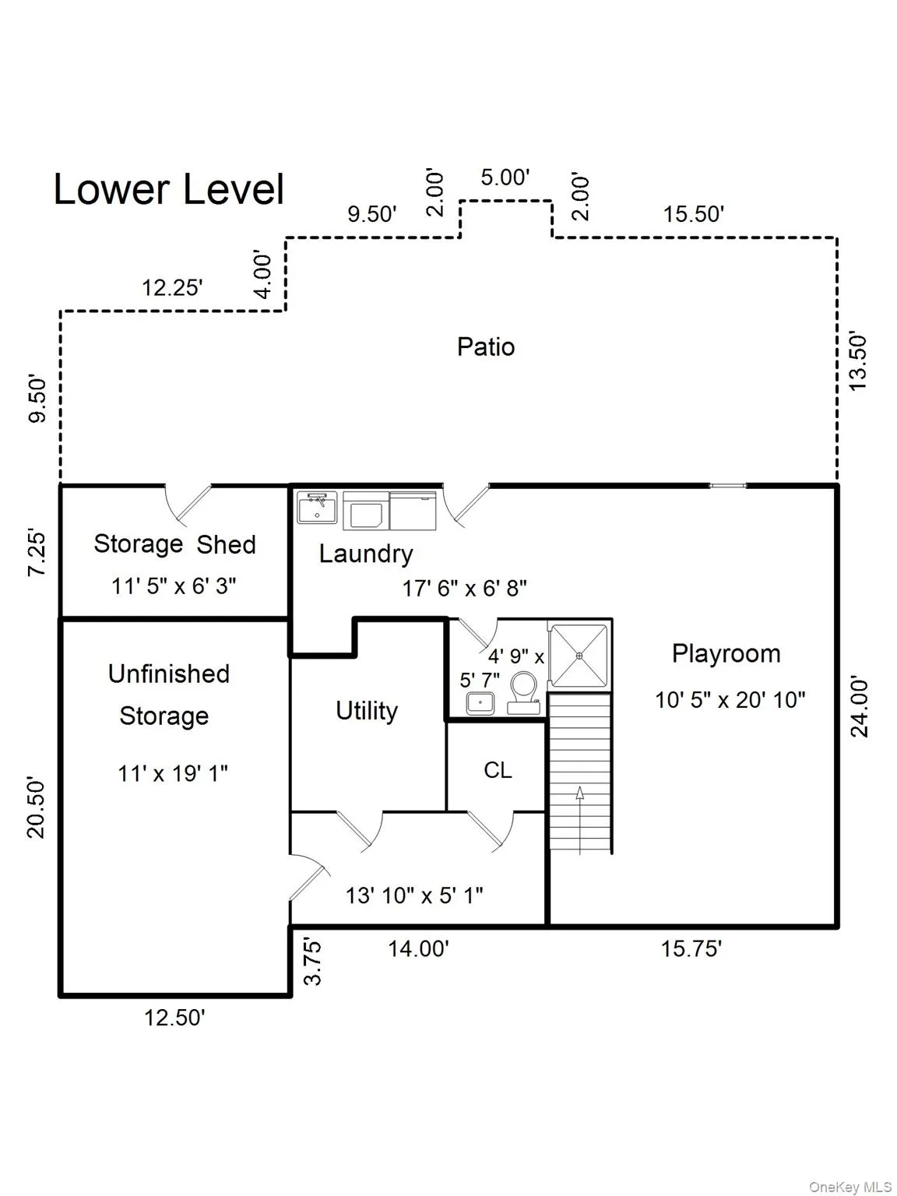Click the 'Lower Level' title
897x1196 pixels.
169,189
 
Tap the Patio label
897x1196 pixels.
486,347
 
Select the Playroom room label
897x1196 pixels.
726,654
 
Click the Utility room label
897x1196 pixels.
367,711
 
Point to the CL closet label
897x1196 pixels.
498,770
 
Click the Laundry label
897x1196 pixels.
365,554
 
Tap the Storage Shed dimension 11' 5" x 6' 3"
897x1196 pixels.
174,586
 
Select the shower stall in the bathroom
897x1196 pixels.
579,656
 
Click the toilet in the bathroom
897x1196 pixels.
524,692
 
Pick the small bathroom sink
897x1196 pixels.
480,703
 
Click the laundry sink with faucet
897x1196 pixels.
317,507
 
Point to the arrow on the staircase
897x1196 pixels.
579,820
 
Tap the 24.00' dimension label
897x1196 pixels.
860,707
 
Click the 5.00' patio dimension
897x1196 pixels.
505,178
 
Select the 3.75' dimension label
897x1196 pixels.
312,961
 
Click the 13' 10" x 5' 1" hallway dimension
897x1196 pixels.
414,895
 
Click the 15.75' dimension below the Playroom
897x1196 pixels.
691,948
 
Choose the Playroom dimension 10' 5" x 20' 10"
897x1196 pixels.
730,700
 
